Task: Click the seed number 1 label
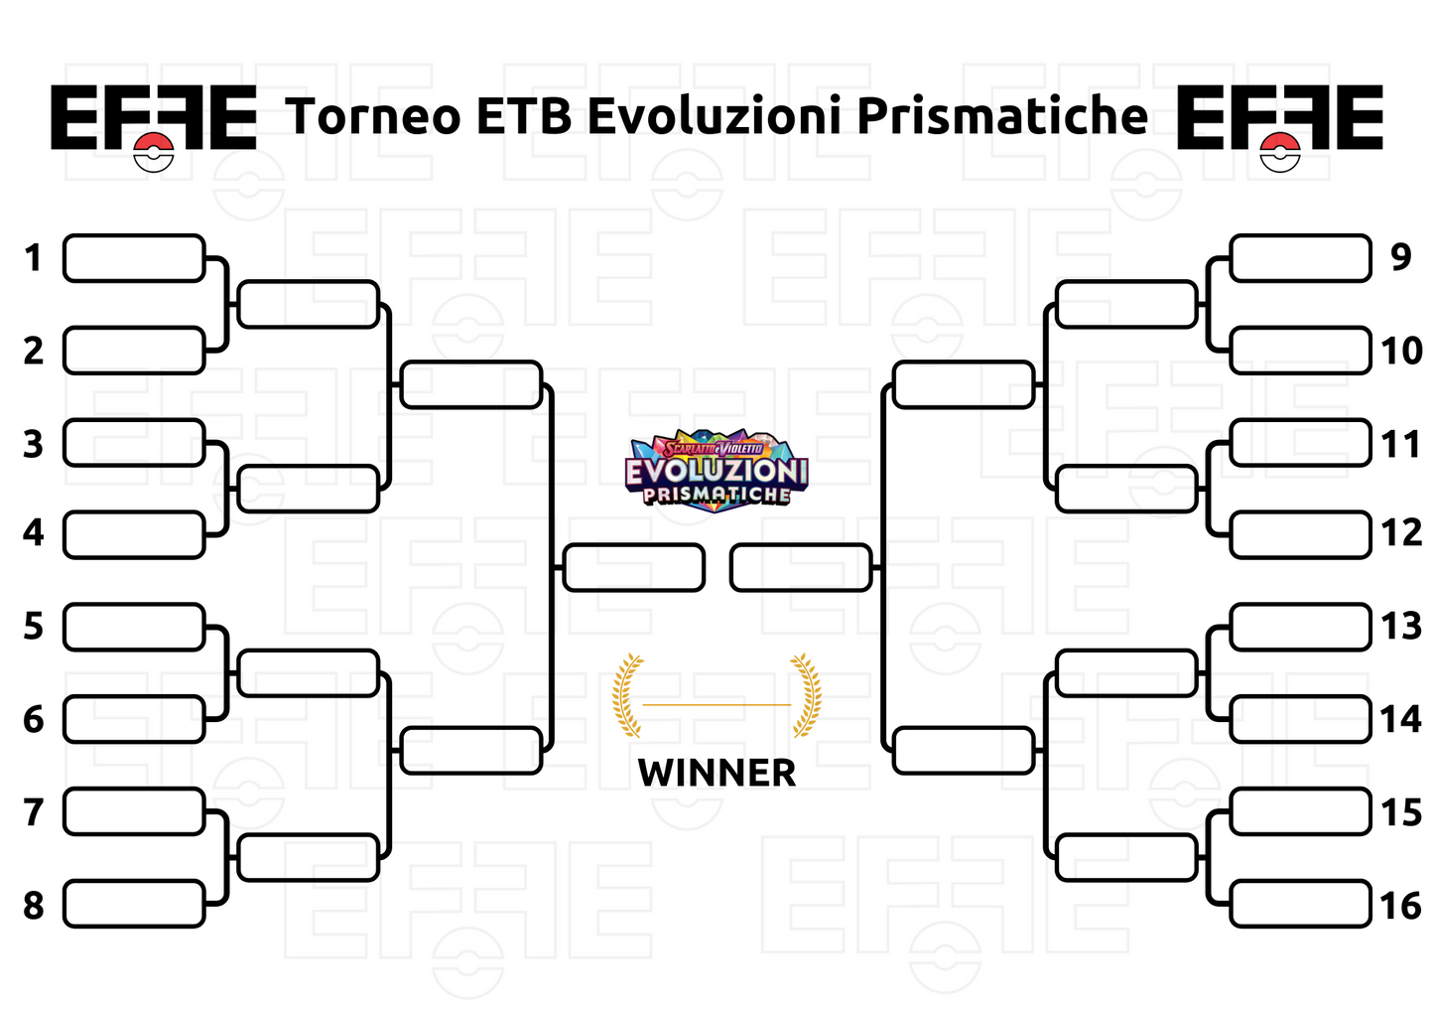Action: tap(34, 258)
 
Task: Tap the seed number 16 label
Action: tap(1400, 906)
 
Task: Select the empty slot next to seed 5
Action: tap(134, 627)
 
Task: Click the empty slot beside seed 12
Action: tap(1300, 534)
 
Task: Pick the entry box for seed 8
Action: tap(134, 904)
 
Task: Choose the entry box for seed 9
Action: tap(1300, 258)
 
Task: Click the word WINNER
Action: tap(717, 773)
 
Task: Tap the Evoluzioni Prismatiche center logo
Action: tap(717, 470)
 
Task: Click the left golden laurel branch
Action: tap(627, 695)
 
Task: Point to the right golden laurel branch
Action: tap(806, 695)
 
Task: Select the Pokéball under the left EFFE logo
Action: tap(154, 152)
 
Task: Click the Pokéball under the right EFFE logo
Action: tap(1280, 152)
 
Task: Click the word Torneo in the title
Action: tap(374, 116)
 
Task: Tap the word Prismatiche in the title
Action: tap(1002, 116)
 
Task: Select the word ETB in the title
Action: tap(524, 116)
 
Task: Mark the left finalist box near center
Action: tap(633, 567)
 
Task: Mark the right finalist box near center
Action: tap(801, 567)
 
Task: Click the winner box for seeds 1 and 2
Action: tap(309, 304)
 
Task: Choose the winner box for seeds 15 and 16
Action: tap(1126, 857)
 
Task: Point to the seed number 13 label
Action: tap(1400, 627)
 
